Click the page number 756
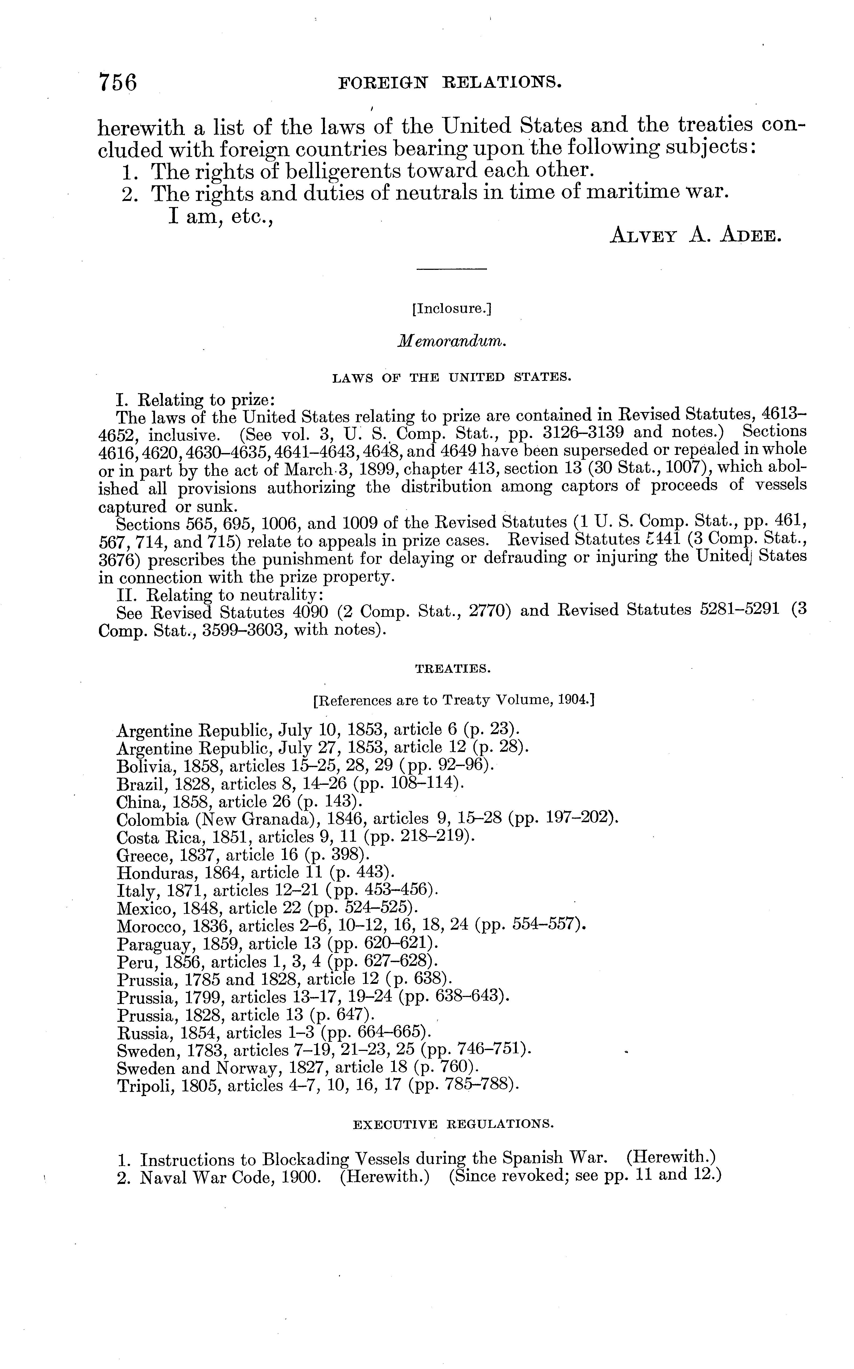pos(118,82)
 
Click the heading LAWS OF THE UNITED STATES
pos(452,377)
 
